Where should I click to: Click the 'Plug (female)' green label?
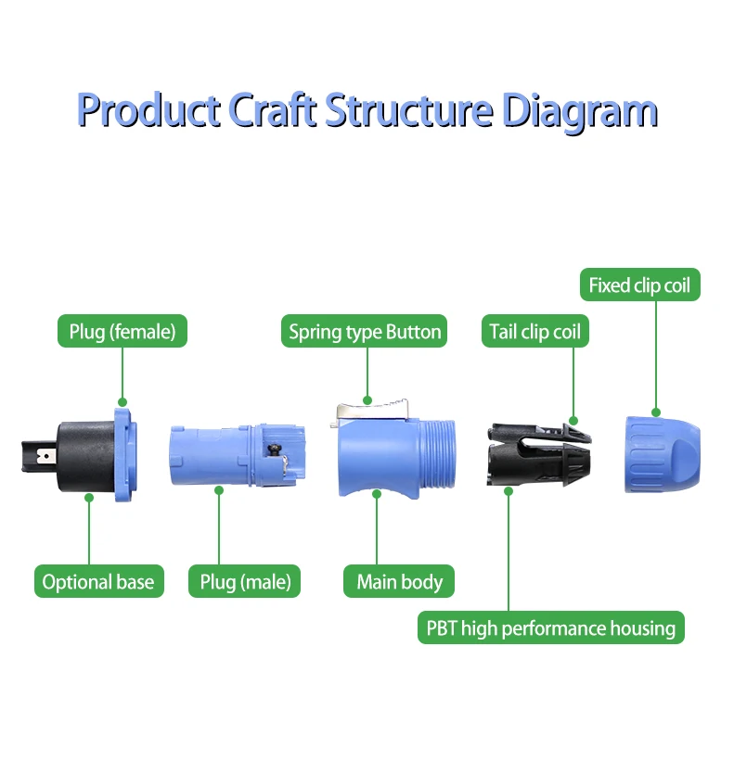[122, 331]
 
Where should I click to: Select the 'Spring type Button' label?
[365, 331]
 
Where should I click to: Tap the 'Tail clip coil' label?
[534, 331]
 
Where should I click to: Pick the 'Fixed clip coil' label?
[639, 285]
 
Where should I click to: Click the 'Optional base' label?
[98, 582]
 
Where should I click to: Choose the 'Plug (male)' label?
[246, 582]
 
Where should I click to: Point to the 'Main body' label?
[400, 582]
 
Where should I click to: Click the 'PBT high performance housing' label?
[551, 628]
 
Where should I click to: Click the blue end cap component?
[662, 451]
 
